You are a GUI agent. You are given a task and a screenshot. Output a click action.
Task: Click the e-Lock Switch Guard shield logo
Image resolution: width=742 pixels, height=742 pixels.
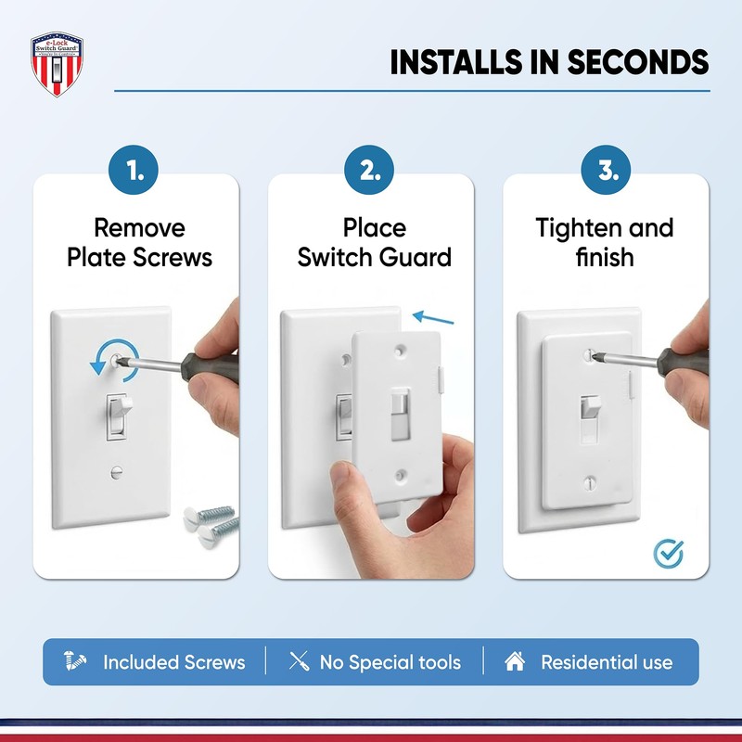pos(57,67)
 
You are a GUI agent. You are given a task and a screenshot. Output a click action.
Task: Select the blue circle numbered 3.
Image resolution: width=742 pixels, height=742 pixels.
pos(607,172)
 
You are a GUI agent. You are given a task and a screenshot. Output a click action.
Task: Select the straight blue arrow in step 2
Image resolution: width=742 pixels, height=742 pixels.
pos(434,318)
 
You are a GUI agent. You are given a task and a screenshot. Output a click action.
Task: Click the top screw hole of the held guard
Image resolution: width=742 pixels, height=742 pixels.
pos(400,352)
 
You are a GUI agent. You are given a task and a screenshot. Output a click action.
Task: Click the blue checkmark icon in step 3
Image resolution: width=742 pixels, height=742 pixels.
pos(668,554)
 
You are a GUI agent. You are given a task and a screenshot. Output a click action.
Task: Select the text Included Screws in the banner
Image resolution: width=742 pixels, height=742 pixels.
pos(173,662)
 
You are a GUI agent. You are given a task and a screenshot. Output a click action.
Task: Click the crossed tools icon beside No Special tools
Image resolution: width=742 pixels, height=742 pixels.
pos(299,661)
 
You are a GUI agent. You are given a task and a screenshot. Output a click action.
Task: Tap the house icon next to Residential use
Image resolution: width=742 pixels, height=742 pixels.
pos(515,661)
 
